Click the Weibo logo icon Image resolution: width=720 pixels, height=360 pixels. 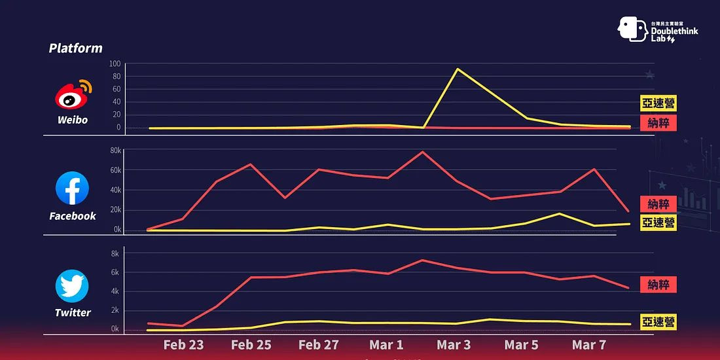coord(73,96)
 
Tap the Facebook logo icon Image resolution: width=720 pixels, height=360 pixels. coord(72,189)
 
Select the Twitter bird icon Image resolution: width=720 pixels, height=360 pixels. coord(72,286)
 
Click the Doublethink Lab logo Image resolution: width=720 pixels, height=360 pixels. coord(657,29)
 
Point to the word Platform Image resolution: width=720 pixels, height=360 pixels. coord(75,48)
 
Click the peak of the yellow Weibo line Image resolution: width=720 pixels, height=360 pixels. coord(457,69)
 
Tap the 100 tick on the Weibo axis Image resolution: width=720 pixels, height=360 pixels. coord(115,63)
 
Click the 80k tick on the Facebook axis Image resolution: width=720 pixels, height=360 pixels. coord(115,151)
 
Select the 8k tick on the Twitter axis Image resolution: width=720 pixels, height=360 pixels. coord(115,253)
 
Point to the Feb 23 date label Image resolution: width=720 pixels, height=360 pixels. coord(183,344)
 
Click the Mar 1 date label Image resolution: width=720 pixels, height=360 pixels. coord(386,344)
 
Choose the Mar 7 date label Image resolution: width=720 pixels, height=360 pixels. coord(588,344)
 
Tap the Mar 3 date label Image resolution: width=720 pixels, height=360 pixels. coord(454,344)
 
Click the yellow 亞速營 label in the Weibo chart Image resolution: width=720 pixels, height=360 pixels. coord(658,103)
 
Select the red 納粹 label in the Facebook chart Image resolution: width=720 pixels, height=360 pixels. coord(658,204)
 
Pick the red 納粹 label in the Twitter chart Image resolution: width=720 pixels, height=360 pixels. coord(658,285)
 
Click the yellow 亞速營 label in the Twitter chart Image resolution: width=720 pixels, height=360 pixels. coord(658,322)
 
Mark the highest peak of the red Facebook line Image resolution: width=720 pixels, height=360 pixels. coord(422,152)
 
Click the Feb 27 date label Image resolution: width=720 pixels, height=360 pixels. coord(318,344)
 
